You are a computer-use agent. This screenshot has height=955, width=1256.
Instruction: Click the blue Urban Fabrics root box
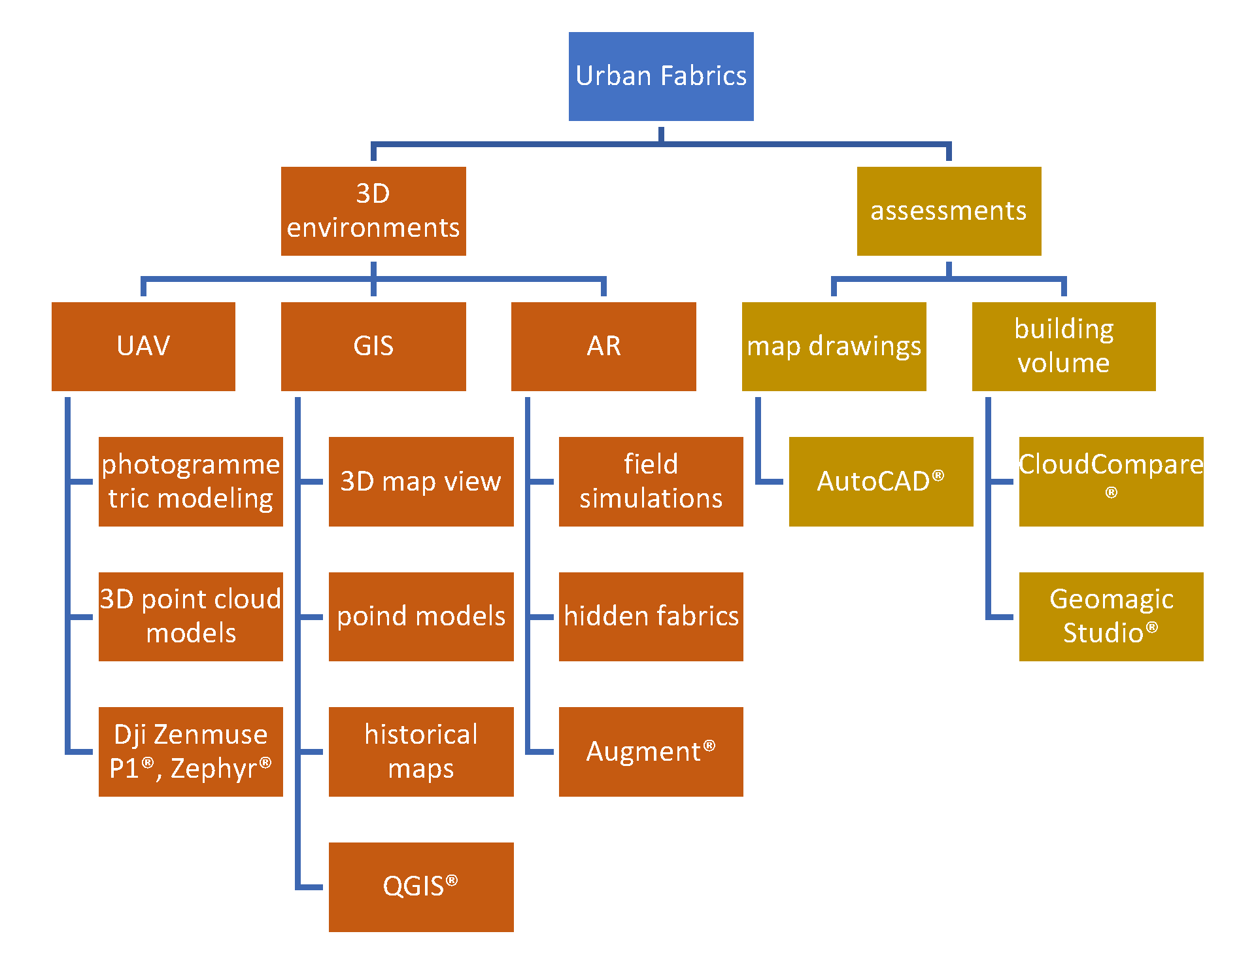[x=660, y=77]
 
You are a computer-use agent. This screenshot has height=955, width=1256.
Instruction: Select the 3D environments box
[x=373, y=211]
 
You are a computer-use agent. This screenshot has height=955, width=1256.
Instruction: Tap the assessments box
[x=949, y=211]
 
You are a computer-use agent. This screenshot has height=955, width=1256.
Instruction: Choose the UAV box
[x=143, y=346]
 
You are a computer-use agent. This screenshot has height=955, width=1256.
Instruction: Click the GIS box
[x=373, y=346]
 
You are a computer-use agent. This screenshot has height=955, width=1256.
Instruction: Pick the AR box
[x=603, y=346]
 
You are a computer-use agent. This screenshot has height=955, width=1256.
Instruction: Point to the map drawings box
[x=834, y=346]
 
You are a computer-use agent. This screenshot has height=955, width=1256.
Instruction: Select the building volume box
[x=1064, y=346]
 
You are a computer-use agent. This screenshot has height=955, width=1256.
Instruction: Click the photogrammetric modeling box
[x=191, y=481]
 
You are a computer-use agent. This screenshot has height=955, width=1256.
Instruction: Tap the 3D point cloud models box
[x=191, y=616]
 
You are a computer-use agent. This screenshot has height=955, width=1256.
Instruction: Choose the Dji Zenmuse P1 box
[x=191, y=752]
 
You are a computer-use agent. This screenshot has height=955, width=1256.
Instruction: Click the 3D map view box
[x=421, y=481]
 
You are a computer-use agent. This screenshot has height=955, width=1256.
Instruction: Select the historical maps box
[x=421, y=752]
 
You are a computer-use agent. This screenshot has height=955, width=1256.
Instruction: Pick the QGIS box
[x=421, y=887]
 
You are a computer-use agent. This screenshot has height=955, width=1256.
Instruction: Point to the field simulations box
[x=651, y=481]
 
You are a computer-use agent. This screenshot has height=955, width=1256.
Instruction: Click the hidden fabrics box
[x=651, y=616]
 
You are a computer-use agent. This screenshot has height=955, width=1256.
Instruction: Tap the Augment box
[x=651, y=752]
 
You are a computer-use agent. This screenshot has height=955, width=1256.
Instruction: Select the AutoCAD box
[x=881, y=481]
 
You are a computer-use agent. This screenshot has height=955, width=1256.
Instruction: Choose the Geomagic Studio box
[x=1111, y=616]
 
